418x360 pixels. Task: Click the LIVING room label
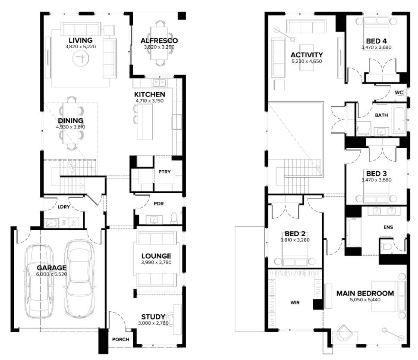tap(81, 40)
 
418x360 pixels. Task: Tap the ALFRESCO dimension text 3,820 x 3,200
tap(159, 47)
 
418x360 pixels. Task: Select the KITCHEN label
tap(150, 94)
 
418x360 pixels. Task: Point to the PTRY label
tap(164, 172)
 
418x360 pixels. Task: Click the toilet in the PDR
tap(174, 218)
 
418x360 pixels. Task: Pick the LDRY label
tap(64, 207)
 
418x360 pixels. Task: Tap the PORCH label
tap(120, 339)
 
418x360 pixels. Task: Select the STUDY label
tap(153, 316)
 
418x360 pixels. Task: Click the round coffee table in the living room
tap(81, 58)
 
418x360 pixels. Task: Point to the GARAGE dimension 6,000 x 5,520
tap(52, 274)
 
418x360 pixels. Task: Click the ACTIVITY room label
tap(307, 55)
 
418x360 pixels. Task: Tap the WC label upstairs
tap(399, 92)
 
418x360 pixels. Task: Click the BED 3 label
tap(377, 173)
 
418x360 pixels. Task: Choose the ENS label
tap(388, 227)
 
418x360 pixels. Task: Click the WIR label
tap(295, 302)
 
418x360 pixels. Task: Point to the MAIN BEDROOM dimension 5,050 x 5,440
tap(365, 300)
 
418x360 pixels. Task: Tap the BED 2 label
tap(295, 234)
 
